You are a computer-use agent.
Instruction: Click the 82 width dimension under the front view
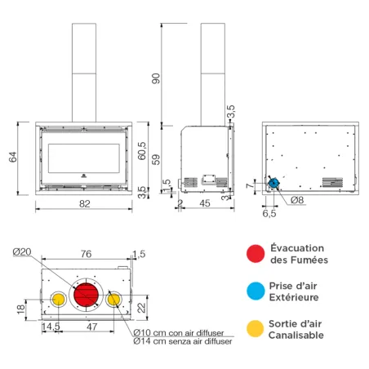pyautogui.click(x=84, y=204)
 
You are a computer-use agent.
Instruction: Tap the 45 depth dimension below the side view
pyautogui.click(x=205, y=204)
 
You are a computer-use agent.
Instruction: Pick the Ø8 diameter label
pyautogui.click(x=296, y=199)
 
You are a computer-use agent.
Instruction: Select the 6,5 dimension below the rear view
pyautogui.click(x=269, y=214)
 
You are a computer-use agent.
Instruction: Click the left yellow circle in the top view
pyautogui.click(x=59, y=300)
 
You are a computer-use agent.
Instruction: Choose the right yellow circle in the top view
pyautogui.click(x=114, y=300)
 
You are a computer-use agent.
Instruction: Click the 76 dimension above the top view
pyautogui.click(x=84, y=254)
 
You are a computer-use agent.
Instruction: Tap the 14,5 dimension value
pyautogui.click(x=51, y=327)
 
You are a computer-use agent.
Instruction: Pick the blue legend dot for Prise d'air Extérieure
pyautogui.click(x=256, y=292)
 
